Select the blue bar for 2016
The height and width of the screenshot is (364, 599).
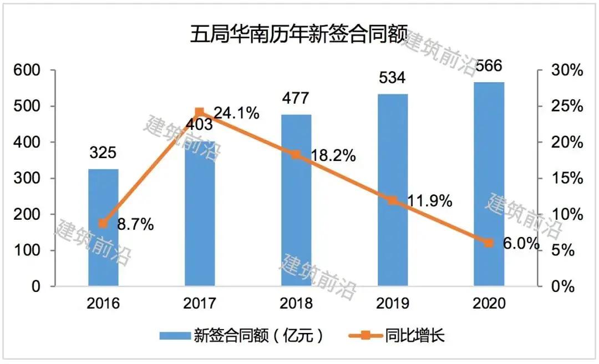pyautogui.click(x=104, y=228)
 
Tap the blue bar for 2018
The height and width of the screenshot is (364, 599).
pyautogui.click(x=296, y=200)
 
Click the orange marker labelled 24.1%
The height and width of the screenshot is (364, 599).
pyautogui.click(x=200, y=113)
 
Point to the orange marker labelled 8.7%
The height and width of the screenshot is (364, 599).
pyautogui.click(x=103, y=224)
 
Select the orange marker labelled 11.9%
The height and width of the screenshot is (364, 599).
pyautogui.click(x=393, y=200)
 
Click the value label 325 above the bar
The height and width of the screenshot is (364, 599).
pyautogui.click(x=103, y=153)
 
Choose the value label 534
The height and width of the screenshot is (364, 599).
pyautogui.click(x=392, y=77)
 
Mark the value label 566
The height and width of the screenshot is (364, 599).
pyautogui.click(x=488, y=65)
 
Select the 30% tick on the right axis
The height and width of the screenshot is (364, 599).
pyautogui.click(x=566, y=70)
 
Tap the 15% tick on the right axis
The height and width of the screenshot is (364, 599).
pyautogui.click(x=566, y=179)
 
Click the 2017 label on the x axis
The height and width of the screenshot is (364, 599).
pyautogui.click(x=200, y=303)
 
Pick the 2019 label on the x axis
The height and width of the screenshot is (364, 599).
pyautogui.click(x=392, y=303)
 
